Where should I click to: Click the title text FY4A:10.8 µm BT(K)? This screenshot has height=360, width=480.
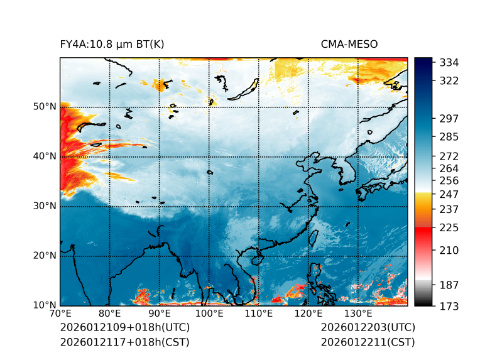[x=112, y=45]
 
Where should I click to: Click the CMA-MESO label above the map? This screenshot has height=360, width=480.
[x=349, y=45]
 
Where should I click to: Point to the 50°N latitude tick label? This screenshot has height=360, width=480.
[x=45, y=107]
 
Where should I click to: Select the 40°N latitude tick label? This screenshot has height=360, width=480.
[x=45, y=156]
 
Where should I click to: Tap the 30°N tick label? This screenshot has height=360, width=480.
[x=45, y=206]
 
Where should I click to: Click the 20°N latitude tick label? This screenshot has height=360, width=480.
[x=45, y=256]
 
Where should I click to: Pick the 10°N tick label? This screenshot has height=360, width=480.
[x=45, y=305]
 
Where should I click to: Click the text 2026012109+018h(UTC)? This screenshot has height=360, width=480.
[x=124, y=328]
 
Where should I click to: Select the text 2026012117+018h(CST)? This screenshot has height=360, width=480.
[x=124, y=342]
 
